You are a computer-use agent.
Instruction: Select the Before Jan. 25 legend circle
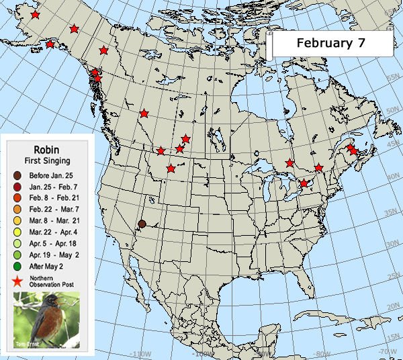(16, 176)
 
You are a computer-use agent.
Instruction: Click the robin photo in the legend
(46, 321)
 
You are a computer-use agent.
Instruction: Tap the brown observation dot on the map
(142, 224)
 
